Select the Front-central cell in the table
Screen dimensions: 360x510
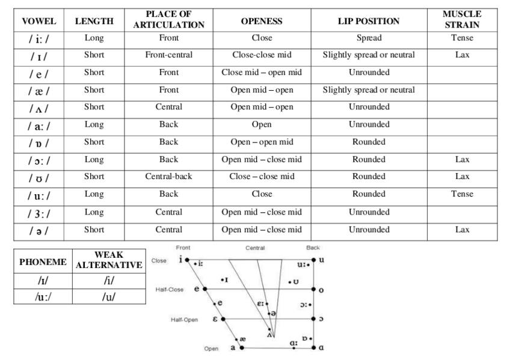[169, 55]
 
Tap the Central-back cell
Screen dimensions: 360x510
[169, 177]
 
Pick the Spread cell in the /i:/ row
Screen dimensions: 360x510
[369, 38]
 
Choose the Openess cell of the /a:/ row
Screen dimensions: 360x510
[261, 124]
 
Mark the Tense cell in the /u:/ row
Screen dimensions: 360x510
[461, 194]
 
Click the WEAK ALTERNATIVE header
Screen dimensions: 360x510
[108, 260]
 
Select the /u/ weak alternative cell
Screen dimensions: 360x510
[108, 296]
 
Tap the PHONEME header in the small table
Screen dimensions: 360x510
[43, 263]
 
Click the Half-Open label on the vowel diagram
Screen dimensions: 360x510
[184, 320]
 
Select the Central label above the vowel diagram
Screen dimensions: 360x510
[254, 248]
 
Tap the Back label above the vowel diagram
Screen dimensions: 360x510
[313, 248]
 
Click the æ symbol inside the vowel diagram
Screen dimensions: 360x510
[242, 339]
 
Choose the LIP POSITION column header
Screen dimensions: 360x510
[369, 21]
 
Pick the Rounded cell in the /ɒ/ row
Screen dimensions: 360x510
[369, 142]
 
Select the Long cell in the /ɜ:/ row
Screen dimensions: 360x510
[94, 212]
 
